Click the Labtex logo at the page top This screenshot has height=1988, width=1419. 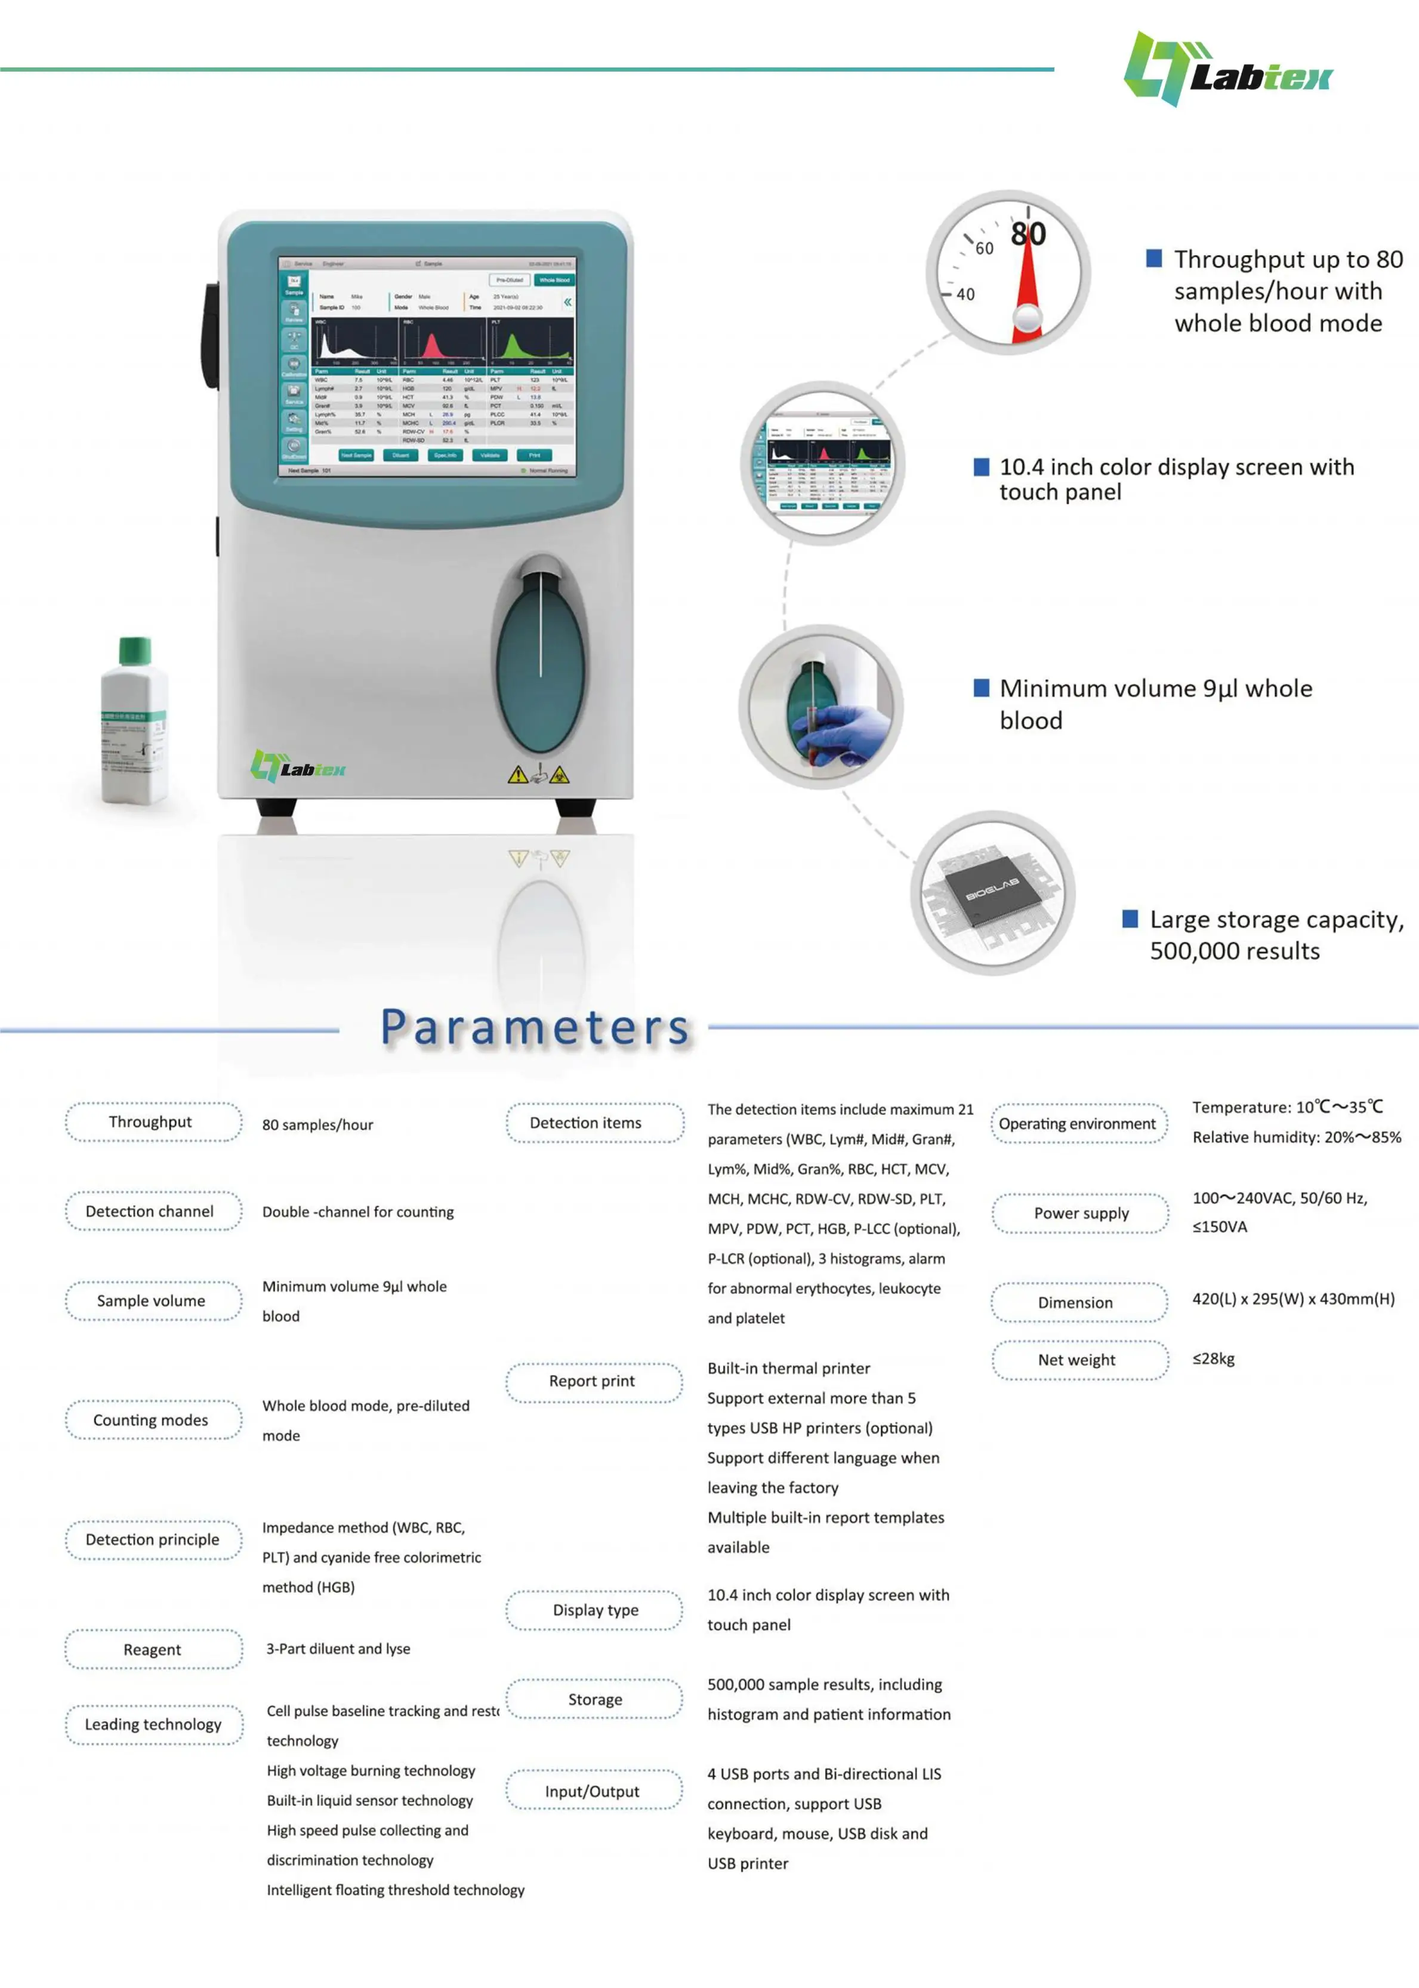pos(1227,70)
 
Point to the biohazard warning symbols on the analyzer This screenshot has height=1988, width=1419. pos(538,774)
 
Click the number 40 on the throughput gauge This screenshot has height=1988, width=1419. pos(965,294)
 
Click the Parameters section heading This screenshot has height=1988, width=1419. pos(535,1028)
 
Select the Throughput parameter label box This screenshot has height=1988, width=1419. pos(153,1122)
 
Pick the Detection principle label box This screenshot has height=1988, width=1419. pos(153,1540)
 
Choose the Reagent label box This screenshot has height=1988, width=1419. pos(153,1650)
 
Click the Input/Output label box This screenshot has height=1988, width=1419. pos(593,1792)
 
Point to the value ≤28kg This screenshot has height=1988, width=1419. pos(1213,1359)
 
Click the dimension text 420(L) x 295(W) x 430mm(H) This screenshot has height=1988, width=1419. pos(1292,1299)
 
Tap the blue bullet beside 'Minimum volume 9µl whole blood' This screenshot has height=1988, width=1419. pos(981,688)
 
